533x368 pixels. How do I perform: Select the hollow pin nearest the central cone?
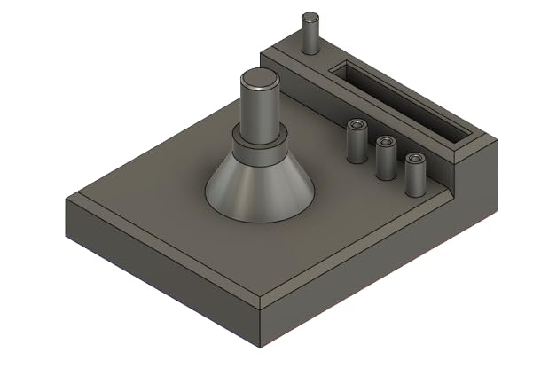point(356,143)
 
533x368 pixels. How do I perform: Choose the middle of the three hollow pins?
point(386,160)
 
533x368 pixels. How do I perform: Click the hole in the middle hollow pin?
point(386,142)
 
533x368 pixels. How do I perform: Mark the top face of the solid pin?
point(310,17)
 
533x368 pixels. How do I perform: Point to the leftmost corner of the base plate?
point(67,199)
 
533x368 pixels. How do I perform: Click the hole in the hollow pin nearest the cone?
point(357,124)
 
